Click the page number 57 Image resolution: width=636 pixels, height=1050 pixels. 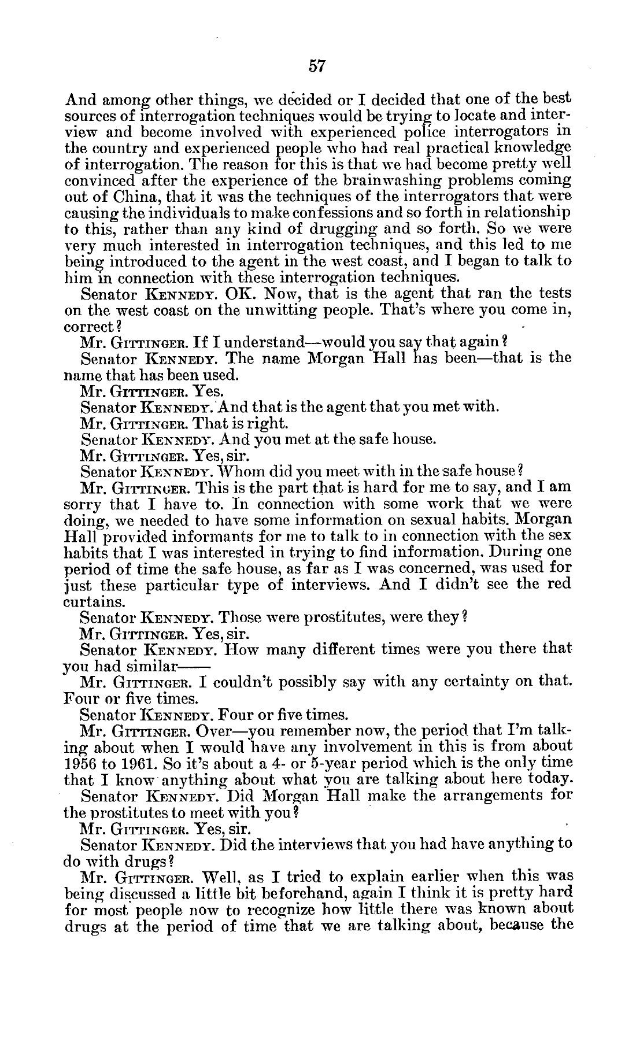[x=317, y=66]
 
